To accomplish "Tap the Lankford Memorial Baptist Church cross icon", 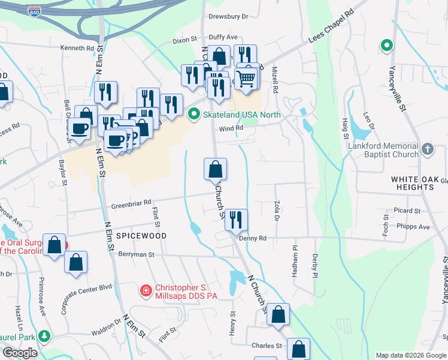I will click(x=427, y=149).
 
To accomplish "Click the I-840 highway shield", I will click(x=34, y=11).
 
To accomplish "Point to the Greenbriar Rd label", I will click(x=131, y=204).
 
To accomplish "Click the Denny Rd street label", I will click(x=252, y=238).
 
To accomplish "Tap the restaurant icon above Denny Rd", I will click(x=235, y=219).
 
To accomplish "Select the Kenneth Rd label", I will click(x=77, y=47).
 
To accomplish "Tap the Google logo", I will click(x=20, y=353).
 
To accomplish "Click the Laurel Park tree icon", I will click(x=43, y=335).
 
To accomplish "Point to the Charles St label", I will click(x=267, y=346).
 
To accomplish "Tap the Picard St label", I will click(x=407, y=211).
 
